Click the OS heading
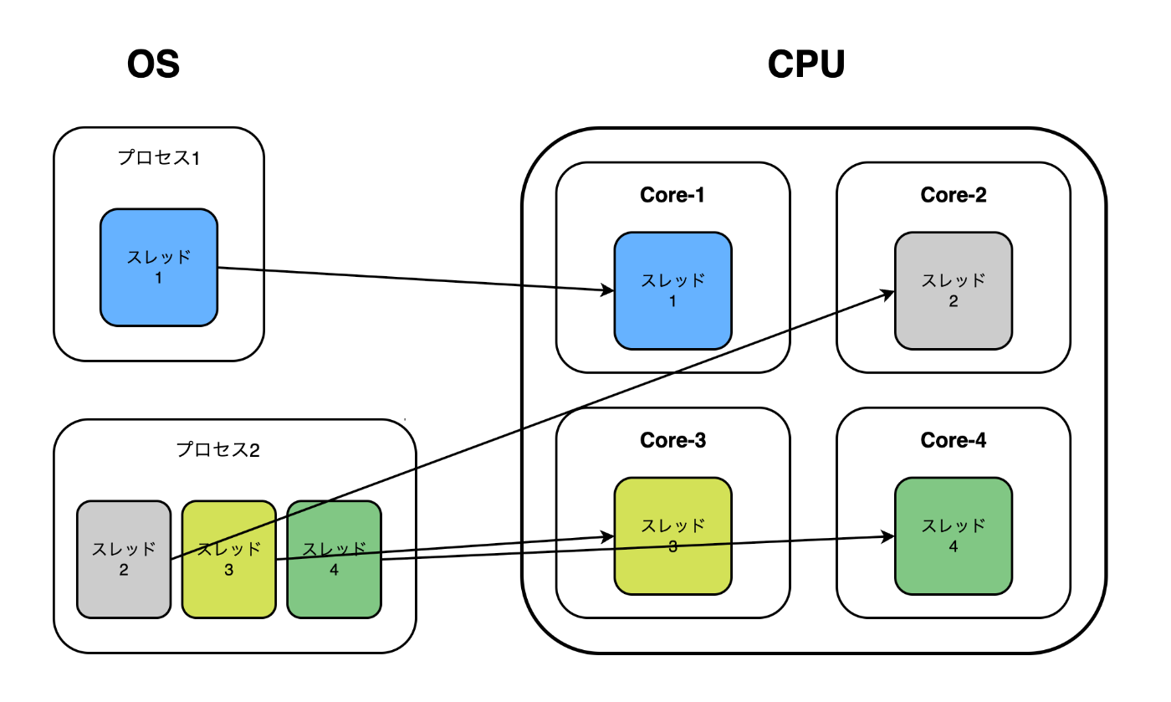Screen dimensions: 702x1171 [x=153, y=64]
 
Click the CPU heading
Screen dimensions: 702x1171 [x=806, y=64]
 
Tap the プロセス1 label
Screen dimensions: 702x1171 [x=159, y=157]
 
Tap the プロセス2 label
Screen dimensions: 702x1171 [x=218, y=449]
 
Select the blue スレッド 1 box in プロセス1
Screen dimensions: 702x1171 [x=159, y=267]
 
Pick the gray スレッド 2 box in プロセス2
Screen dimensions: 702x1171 [x=123, y=559]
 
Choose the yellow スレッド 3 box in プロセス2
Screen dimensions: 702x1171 [x=228, y=559]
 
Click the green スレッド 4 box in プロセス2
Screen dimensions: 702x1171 [x=334, y=559]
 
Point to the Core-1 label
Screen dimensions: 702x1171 [x=672, y=195]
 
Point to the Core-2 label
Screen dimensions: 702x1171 [x=953, y=195]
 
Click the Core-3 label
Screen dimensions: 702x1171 [x=672, y=440]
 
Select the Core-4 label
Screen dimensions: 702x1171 [x=953, y=440]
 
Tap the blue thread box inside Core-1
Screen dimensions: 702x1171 [x=672, y=290]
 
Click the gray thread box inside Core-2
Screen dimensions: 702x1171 [x=953, y=290]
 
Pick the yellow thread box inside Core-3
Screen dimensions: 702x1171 [x=672, y=536]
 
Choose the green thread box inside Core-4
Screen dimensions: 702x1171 [x=953, y=536]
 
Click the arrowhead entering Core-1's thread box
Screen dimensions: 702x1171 [x=608, y=290]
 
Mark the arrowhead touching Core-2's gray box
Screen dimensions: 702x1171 [x=888, y=293]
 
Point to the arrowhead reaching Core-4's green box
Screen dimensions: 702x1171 [x=888, y=536]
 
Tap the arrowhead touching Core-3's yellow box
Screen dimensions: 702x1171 [x=608, y=536]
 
